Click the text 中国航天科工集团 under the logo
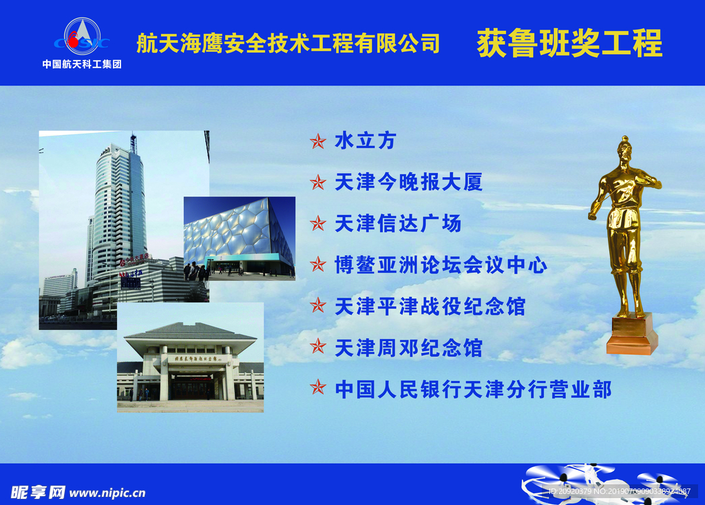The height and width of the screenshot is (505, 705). pyautogui.click(x=82, y=65)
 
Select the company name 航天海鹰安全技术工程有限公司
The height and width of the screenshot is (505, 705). pyautogui.click(x=288, y=43)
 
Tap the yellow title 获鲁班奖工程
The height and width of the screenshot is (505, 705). pyautogui.click(x=569, y=43)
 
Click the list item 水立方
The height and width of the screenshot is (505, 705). pyautogui.click(x=366, y=141)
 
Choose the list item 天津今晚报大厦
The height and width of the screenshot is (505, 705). pyautogui.click(x=408, y=182)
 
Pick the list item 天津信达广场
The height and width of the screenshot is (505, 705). pyautogui.click(x=398, y=223)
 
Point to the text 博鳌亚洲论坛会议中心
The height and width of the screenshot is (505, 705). pyautogui.click(x=441, y=265)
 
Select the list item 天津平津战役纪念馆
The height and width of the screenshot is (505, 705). pyautogui.click(x=430, y=306)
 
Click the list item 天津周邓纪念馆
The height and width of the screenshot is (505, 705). pyautogui.click(x=408, y=348)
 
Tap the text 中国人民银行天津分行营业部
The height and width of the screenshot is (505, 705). pyautogui.click(x=473, y=389)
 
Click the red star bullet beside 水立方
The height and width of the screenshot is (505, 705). pyautogui.click(x=317, y=141)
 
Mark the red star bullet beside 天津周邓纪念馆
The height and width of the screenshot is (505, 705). pyautogui.click(x=317, y=346)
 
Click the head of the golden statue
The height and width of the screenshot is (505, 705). pyautogui.click(x=624, y=150)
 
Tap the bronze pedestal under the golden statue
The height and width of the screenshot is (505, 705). pyautogui.click(x=631, y=336)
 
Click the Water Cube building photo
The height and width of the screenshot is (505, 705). pyautogui.click(x=239, y=238)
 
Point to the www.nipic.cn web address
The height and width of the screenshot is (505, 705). pyautogui.click(x=107, y=493)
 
